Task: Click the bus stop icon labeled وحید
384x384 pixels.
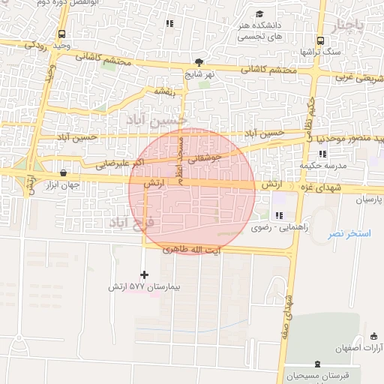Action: pyautogui.click(x=61, y=34)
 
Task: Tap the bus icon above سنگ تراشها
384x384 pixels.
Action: pyautogui.click(x=320, y=40)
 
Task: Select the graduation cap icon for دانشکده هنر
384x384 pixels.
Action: pyautogui.click(x=259, y=14)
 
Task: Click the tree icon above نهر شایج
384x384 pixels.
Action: pyautogui.click(x=199, y=62)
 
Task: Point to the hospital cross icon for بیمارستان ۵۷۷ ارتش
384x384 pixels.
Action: pyautogui.click(x=145, y=274)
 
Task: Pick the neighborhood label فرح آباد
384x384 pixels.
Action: pyautogui.click(x=131, y=222)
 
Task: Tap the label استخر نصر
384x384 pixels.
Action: pyautogui.click(x=349, y=234)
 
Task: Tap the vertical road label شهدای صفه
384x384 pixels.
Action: pyautogui.click(x=286, y=316)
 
